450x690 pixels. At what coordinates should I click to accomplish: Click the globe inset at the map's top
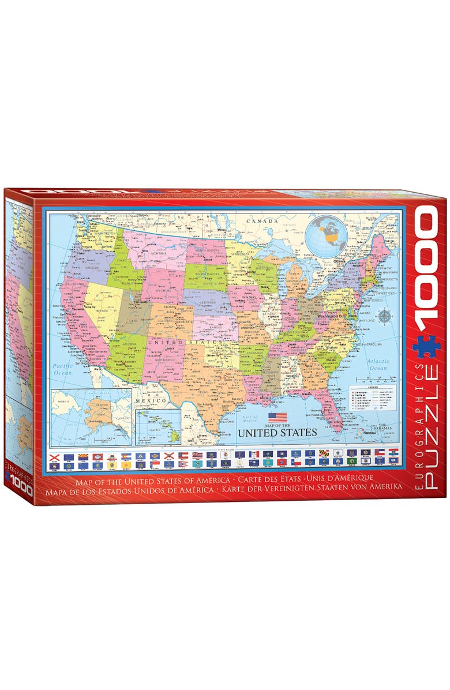point(324,236)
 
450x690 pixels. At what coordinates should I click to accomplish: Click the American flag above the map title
point(277,417)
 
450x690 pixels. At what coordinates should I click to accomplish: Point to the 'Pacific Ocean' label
point(62,369)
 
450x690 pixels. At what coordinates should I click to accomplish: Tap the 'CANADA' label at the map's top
point(262,221)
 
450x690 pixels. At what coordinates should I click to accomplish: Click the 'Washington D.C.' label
point(331,317)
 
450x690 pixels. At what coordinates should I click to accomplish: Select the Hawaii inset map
point(157,427)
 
